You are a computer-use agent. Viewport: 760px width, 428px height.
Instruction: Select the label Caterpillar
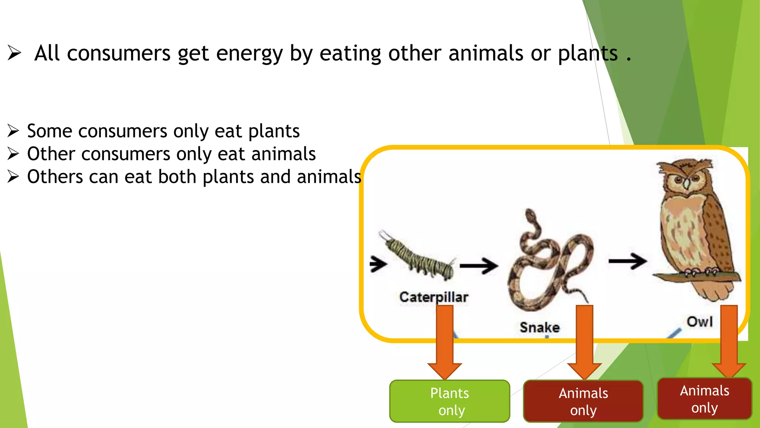click(x=433, y=297)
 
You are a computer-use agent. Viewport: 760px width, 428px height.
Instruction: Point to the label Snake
click(x=540, y=327)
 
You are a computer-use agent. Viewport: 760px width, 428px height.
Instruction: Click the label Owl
click(x=700, y=321)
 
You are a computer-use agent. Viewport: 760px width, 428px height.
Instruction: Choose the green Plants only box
click(x=449, y=401)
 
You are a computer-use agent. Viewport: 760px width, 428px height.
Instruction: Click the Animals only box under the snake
click(x=583, y=401)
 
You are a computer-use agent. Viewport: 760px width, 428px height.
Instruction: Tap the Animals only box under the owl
click(x=704, y=399)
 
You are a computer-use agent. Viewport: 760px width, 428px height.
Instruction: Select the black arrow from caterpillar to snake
click(x=479, y=265)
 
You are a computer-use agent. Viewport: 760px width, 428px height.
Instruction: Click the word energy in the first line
click(x=249, y=53)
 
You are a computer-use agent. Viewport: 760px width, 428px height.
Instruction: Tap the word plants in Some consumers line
click(x=274, y=131)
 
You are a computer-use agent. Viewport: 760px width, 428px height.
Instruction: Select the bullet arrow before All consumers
click(x=14, y=53)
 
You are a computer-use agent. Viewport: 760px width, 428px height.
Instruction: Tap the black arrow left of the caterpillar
click(x=378, y=264)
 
